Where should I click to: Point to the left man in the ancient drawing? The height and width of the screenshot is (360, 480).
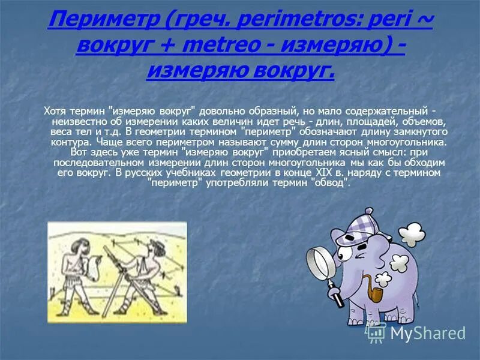pos(82,273)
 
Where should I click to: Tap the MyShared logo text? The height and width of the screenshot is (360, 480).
pos(428,334)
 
